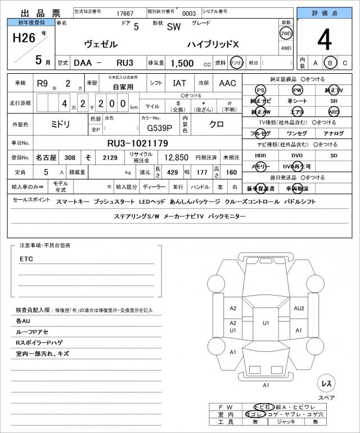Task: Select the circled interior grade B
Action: click(331, 63)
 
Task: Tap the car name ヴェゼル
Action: click(101, 43)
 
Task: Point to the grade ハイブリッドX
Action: click(214, 43)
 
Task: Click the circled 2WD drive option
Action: click(286, 33)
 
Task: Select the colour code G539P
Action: click(151, 128)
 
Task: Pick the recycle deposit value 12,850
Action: click(176, 158)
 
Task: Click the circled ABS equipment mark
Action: click(334, 111)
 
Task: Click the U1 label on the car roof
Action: click(266, 323)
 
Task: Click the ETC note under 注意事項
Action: click(26, 259)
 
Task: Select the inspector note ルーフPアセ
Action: click(34, 332)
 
